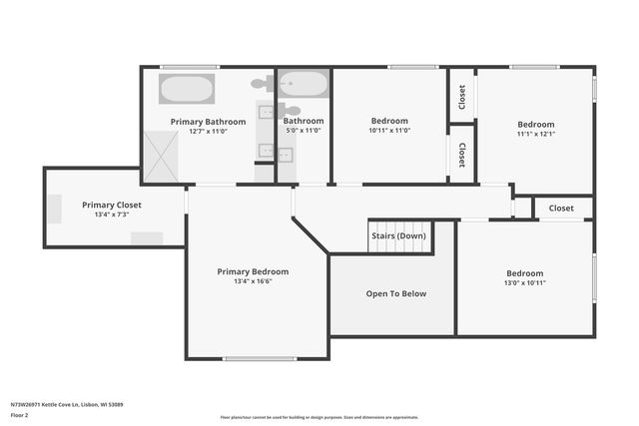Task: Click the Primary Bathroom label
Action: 208,122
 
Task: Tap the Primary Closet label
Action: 112,205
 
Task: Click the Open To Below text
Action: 396,293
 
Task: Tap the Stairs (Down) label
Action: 398,236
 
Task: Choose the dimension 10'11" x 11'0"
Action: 389,131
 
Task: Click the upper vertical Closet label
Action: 461,97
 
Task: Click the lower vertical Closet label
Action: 461,154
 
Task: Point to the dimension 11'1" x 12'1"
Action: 536,135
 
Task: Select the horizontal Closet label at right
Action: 561,209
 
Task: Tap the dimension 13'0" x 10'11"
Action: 524,283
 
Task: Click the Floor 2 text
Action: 19,414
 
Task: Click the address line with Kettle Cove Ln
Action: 67,405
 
